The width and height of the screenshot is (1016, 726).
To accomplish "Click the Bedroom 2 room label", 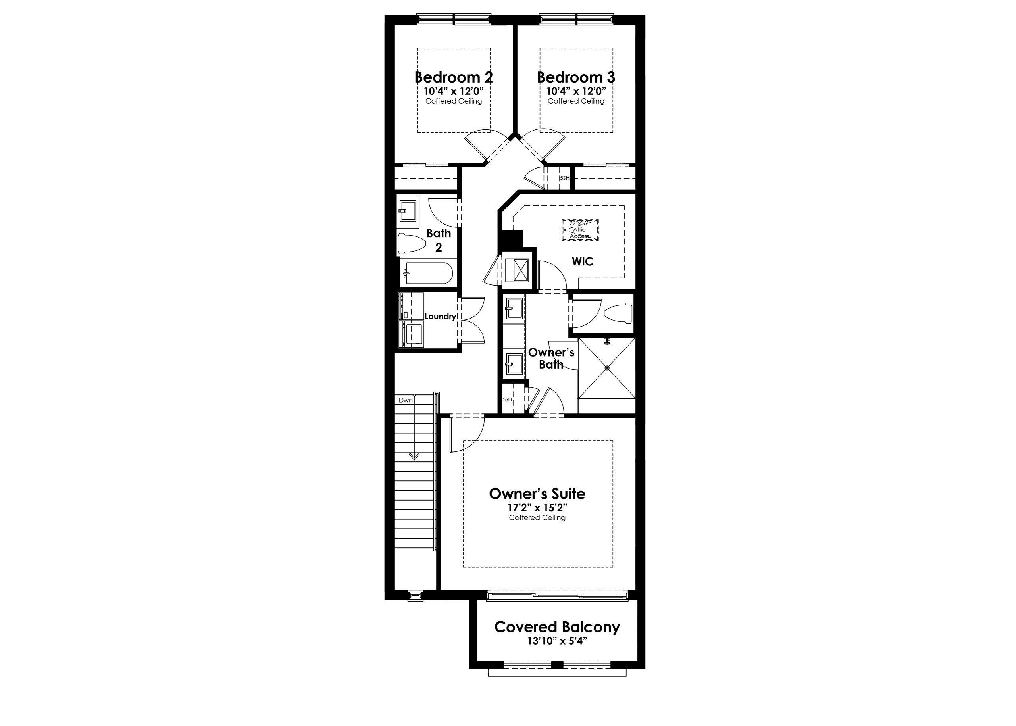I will coord(454,77).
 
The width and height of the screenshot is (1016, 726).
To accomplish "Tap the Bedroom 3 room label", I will coord(576,77).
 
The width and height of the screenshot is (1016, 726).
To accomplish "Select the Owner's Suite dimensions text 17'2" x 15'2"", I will coord(537,508).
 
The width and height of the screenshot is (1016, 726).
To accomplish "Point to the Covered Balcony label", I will coord(557,627).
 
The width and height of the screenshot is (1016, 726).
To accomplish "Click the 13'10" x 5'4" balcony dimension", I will coord(557,641).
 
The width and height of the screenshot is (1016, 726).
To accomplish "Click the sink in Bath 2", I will coord(408,211).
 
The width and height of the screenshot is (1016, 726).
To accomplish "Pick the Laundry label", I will coord(440,317).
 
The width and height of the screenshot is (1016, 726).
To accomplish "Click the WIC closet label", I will coord(582,261).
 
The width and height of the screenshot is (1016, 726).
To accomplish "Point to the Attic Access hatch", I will coord(580,230).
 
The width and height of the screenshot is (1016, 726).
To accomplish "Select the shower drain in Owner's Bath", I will coord(607,367).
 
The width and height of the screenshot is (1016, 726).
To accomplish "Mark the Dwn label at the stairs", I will coord(406,400).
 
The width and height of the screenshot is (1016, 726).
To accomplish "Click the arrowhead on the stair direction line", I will coord(415,457).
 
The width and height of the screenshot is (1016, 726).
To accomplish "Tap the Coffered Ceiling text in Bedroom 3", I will coord(576,101).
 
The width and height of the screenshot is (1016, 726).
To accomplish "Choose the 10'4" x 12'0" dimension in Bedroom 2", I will coord(454,91).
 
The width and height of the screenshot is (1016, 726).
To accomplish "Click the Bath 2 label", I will coord(439,240).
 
